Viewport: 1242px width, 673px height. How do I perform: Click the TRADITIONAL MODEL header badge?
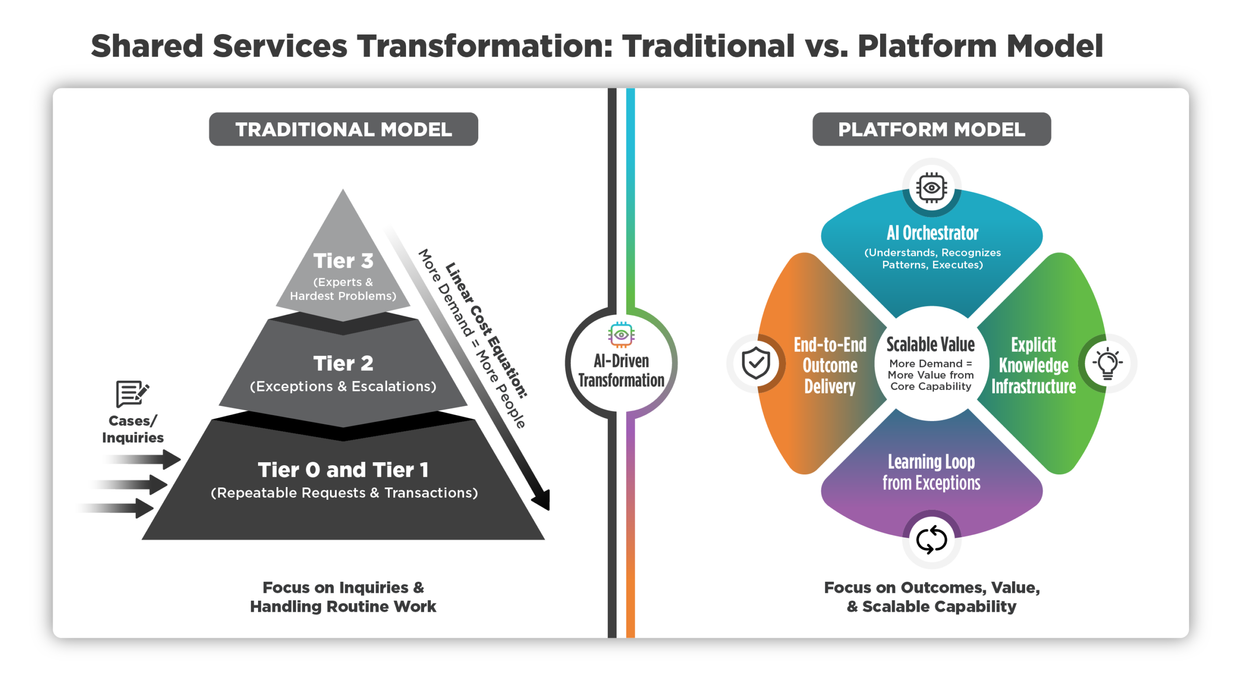(343, 129)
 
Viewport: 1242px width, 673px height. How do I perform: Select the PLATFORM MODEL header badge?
(931, 129)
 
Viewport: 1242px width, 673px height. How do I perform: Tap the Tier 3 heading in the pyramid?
(343, 261)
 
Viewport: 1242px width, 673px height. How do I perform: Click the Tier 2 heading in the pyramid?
(343, 363)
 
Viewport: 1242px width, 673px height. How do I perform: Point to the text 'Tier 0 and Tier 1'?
(343, 470)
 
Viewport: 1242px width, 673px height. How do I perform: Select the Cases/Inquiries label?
(132, 429)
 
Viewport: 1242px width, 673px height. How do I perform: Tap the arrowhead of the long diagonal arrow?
(542, 500)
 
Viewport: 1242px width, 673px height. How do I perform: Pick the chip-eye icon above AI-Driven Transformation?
(621, 335)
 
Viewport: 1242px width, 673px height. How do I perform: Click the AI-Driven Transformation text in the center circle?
(621, 371)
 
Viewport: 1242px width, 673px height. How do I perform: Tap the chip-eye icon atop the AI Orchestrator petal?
(931, 188)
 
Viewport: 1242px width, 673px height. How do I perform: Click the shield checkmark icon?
(756, 363)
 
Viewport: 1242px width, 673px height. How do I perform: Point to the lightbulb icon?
(1108, 363)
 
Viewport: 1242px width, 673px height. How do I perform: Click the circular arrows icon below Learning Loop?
(931, 539)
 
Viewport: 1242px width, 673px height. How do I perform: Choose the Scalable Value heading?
(931, 345)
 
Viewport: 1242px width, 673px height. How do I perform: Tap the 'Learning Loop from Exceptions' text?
(931, 472)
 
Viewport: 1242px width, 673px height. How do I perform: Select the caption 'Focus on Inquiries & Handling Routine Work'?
(343, 597)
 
